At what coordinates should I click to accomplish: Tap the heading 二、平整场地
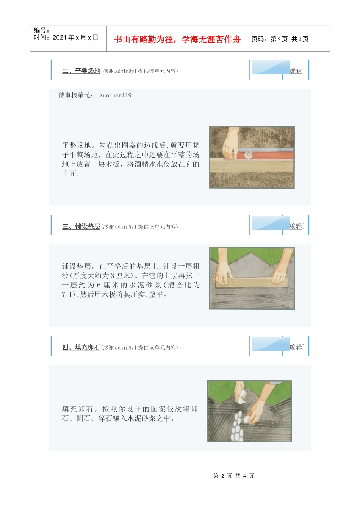[81, 71]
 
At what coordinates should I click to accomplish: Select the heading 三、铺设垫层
[81, 226]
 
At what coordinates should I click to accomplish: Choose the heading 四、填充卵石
[81, 347]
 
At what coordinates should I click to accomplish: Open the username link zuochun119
[116, 95]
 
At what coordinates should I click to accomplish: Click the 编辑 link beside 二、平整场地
[296, 70]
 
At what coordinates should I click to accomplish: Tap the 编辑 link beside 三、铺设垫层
[296, 226]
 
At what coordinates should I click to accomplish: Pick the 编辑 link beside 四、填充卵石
[296, 347]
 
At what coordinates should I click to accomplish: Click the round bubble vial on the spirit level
[249, 154]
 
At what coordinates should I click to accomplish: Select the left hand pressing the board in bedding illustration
[223, 273]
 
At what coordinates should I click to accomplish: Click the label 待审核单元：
[76, 95]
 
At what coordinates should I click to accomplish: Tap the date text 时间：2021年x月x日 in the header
[66, 37]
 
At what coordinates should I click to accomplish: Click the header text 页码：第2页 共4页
[280, 39]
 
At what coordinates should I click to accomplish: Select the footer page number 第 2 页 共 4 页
[233, 476]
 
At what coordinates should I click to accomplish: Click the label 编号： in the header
[42, 30]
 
